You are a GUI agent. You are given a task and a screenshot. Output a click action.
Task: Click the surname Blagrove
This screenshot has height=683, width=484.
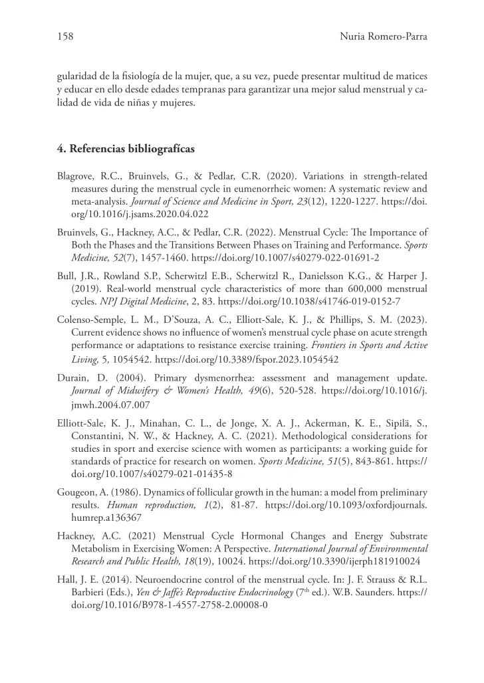pos(77,177)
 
